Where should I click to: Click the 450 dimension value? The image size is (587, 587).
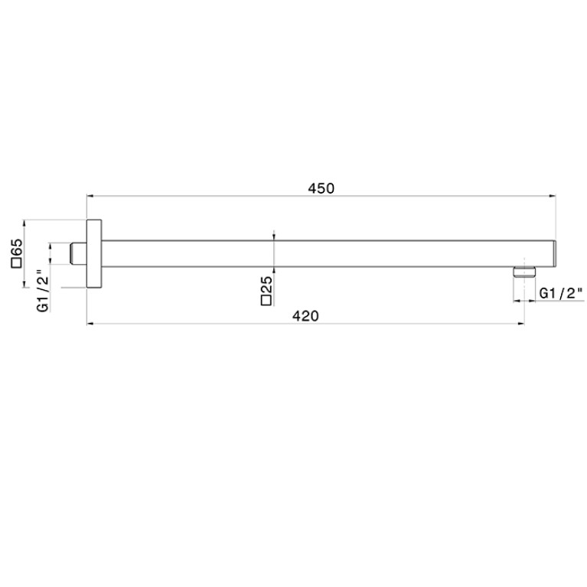[321, 188]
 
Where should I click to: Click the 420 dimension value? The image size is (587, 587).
[305, 316]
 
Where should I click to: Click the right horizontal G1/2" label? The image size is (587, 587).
[561, 294]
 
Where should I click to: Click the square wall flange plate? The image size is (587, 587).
[94, 253]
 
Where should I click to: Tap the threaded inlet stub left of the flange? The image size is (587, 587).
[79, 253]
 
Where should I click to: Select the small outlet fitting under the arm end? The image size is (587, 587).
[524, 272]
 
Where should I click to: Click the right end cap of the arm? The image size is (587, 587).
[554, 253]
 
